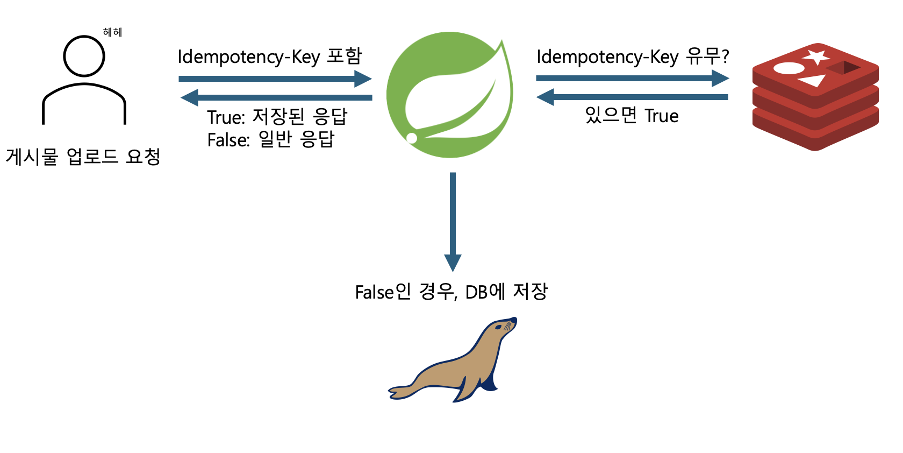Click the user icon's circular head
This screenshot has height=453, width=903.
coord(84,56)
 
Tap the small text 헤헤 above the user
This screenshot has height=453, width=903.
coord(112,32)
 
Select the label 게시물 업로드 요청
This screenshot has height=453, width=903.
coord(83,157)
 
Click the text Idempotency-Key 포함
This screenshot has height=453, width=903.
coord(270,56)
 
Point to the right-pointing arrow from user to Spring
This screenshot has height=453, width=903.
coord(275,79)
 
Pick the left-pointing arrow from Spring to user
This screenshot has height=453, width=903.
coord(276,97)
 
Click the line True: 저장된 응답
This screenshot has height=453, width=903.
coord(277,117)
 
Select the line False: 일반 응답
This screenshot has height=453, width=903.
coord(271,139)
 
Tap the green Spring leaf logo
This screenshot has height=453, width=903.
coord(450,95)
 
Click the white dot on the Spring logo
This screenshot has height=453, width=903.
coord(412,138)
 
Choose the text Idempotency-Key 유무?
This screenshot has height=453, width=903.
coord(633,56)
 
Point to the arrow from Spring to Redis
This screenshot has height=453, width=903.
coord(632,79)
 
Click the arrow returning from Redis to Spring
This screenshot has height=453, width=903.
coord(632,97)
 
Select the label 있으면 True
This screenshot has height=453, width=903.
coord(632,115)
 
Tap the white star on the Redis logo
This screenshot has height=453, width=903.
coord(816,56)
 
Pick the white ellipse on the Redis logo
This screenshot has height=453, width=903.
coord(789,68)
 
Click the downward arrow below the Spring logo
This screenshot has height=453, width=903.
coord(453,221)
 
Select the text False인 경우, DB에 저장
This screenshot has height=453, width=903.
coord(451,292)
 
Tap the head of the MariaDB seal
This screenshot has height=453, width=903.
coord(503,327)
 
